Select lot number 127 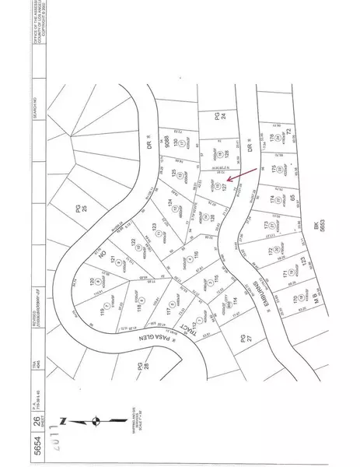pos(225,186)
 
